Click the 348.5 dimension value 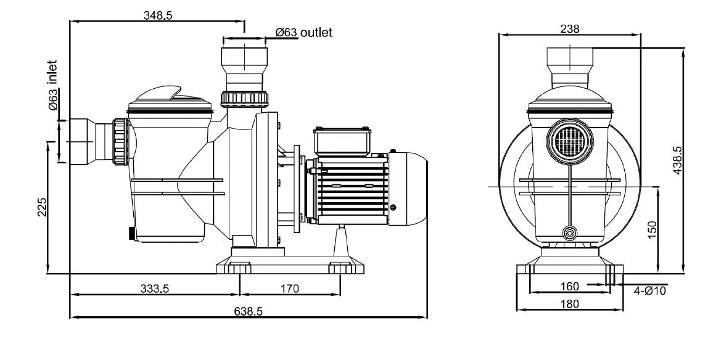pyautogui.click(x=158, y=16)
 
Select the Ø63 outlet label pyautogui.click(x=303, y=33)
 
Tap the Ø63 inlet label pyautogui.click(x=54, y=87)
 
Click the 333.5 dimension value pyautogui.click(x=156, y=288)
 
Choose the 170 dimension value pyautogui.click(x=290, y=288)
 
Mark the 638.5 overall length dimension pyautogui.click(x=249, y=311)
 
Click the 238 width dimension pyautogui.click(x=570, y=28)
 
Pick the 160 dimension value pyautogui.click(x=570, y=286)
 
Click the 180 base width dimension pyautogui.click(x=570, y=303)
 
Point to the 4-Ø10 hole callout pyautogui.click(x=650, y=290)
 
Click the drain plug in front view pyautogui.click(x=571, y=233)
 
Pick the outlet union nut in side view pyautogui.click(x=245, y=98)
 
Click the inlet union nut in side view pyautogui.click(x=120, y=142)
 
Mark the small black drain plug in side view pyautogui.click(x=130, y=234)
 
